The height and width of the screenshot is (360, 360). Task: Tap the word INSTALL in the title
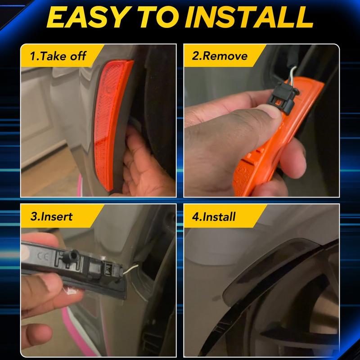pos(249,17)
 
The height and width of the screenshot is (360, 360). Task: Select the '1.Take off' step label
pos(58,56)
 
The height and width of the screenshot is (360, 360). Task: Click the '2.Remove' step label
pos(220,56)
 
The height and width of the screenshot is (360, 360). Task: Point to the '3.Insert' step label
pos(51,216)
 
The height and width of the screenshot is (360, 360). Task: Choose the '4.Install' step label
pos(214,216)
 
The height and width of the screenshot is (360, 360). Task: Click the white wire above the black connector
pos(292,75)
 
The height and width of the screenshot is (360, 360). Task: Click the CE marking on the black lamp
pos(43,256)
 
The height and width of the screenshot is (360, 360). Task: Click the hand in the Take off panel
pos(147,165)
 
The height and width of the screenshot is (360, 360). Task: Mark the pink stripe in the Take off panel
pos(80,185)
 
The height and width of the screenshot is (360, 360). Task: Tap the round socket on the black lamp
pos(72,255)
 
